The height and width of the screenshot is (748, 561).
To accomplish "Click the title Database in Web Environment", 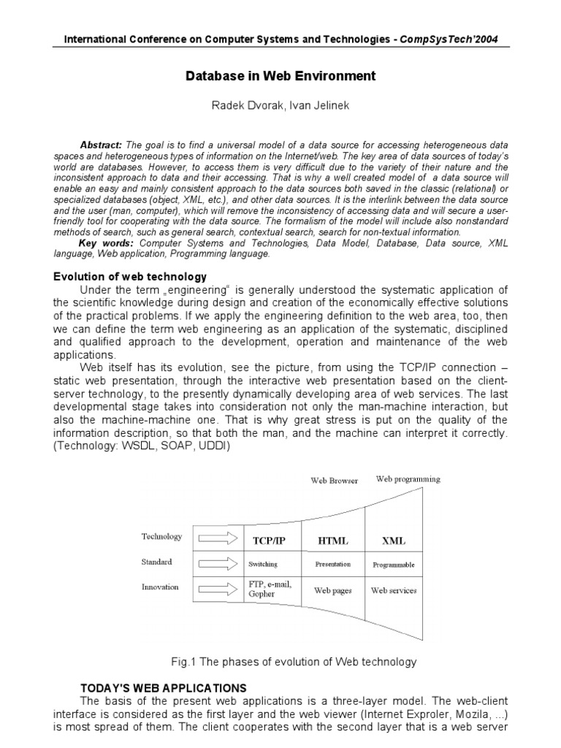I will point(280,75).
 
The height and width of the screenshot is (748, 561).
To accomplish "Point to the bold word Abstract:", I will point(101,145).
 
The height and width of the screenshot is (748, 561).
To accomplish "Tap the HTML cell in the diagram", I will point(332,541).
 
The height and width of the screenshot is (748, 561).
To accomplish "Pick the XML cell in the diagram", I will point(393,541).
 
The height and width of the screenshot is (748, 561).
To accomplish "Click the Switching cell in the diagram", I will point(263,565).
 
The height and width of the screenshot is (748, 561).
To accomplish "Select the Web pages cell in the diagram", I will point(332,590).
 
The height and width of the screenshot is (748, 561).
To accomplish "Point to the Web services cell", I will point(394,590).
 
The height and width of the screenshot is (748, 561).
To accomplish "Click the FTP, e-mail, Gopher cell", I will point(267,589).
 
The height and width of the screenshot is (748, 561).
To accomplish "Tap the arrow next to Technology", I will point(218,539).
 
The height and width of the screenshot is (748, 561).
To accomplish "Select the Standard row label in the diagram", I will point(156,562).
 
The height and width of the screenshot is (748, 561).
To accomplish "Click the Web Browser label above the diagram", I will point(335,481).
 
